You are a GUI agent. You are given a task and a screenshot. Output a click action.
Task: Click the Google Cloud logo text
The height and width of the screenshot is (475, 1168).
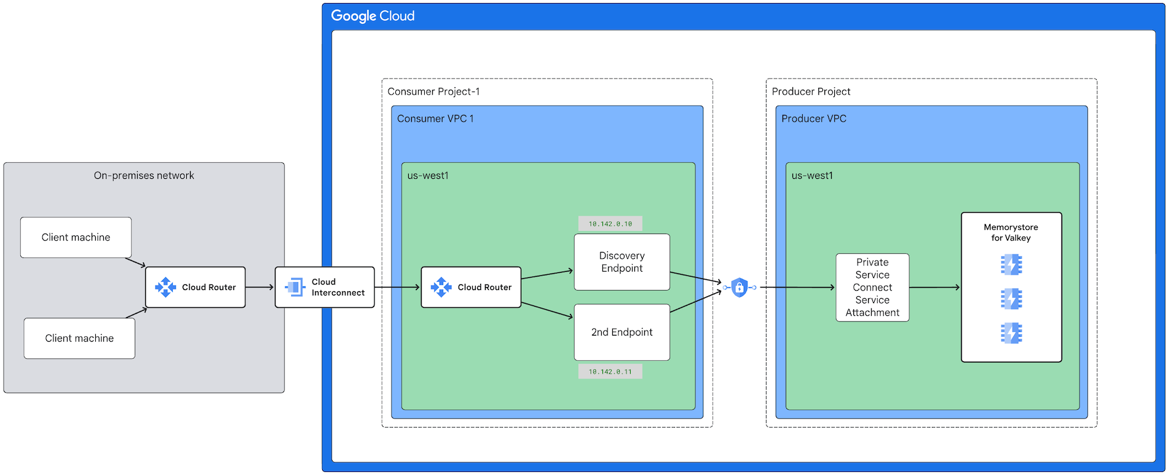click(x=373, y=16)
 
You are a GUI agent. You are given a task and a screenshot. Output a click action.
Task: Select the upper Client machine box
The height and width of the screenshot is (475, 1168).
click(x=76, y=237)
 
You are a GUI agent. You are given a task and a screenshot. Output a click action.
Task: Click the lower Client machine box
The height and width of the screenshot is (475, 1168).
click(x=79, y=338)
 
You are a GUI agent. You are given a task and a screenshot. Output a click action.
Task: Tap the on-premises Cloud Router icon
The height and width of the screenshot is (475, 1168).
click(x=165, y=287)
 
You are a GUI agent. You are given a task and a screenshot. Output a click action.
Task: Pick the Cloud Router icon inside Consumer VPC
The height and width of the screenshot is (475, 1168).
click(x=441, y=287)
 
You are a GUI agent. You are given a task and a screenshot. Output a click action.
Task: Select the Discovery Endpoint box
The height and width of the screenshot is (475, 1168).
click(x=621, y=262)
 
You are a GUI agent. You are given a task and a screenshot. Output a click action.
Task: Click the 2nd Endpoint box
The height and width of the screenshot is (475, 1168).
click(x=621, y=332)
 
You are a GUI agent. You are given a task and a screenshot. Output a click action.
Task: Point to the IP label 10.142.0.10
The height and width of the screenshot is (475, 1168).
click(x=610, y=224)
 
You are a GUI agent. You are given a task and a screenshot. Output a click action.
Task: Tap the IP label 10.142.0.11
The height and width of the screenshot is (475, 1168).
click(x=610, y=371)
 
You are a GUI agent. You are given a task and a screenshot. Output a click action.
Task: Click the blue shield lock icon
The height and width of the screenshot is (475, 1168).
click(x=740, y=287)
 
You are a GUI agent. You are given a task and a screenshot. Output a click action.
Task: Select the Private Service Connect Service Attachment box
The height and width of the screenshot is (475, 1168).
click(x=872, y=287)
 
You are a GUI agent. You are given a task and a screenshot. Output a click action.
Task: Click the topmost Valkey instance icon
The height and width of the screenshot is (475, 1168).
click(x=1011, y=265)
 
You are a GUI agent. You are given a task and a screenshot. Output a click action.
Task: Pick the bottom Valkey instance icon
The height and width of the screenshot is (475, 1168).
click(x=1011, y=333)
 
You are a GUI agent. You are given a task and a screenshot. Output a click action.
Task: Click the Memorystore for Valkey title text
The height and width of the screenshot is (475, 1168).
click(x=1011, y=232)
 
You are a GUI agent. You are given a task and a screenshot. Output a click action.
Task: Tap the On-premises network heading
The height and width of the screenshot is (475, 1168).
click(x=144, y=176)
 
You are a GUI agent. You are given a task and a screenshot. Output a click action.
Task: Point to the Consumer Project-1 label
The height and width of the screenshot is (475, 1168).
click(x=433, y=92)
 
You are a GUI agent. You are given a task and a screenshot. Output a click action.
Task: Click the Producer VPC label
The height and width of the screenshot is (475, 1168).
click(x=813, y=119)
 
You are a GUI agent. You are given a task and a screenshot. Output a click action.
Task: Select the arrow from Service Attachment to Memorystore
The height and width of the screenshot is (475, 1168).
click(x=934, y=287)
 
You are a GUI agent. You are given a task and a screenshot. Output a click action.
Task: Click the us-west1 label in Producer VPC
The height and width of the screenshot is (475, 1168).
click(x=812, y=176)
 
